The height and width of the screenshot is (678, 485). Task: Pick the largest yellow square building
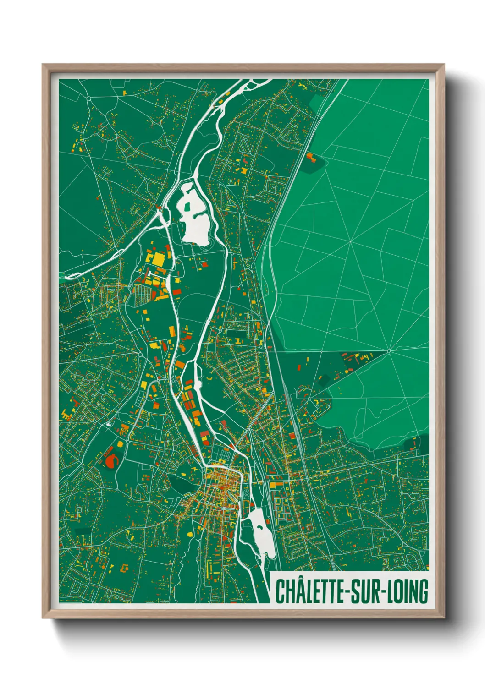point(157,260)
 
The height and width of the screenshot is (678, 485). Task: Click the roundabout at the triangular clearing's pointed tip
point(389,351)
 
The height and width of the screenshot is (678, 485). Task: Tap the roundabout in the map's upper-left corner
point(88,98)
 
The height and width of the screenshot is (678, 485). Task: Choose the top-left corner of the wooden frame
point(43,65)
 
